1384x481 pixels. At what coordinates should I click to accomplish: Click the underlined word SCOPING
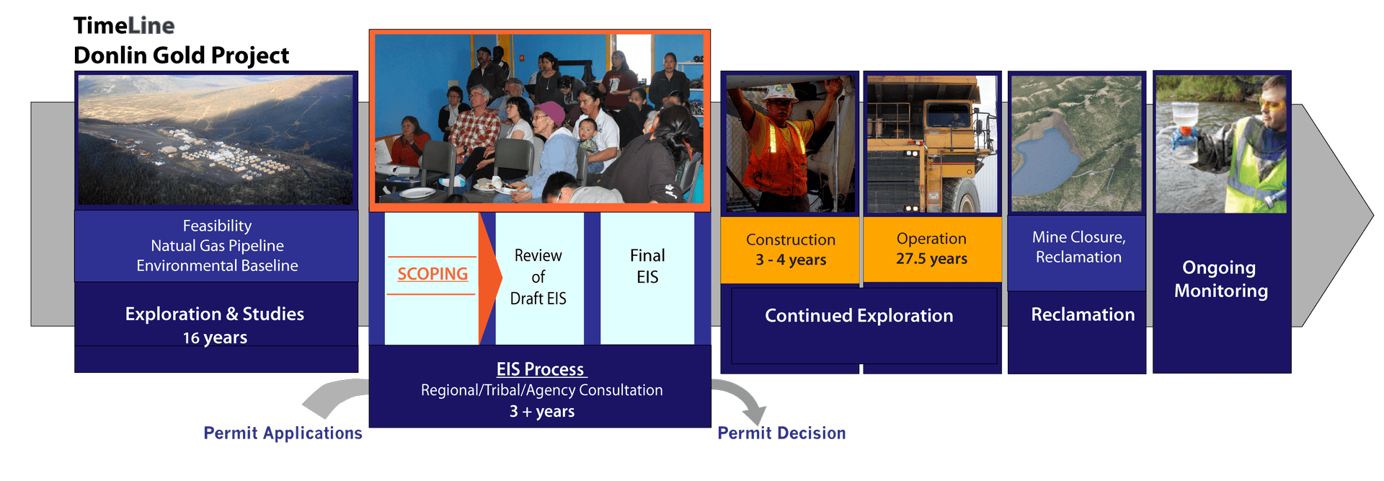click(x=432, y=274)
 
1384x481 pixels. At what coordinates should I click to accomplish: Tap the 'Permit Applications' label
click(x=283, y=433)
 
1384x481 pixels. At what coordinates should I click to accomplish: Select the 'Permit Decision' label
click(x=781, y=433)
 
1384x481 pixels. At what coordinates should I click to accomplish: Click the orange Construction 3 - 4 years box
click(x=790, y=250)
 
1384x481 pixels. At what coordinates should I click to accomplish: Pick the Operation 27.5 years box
click(x=932, y=249)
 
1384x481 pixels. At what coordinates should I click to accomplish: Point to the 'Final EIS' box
click(x=647, y=278)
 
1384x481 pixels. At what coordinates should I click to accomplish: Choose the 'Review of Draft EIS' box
click(x=539, y=278)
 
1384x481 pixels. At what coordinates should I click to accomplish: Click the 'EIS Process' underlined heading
click(x=541, y=369)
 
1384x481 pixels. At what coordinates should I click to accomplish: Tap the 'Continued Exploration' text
click(x=859, y=315)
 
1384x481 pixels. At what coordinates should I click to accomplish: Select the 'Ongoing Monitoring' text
click(x=1220, y=279)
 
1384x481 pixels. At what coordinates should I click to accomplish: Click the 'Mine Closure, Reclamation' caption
click(x=1078, y=247)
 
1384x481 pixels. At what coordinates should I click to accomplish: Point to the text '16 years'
click(x=215, y=337)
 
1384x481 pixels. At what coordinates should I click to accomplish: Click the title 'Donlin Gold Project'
click(x=181, y=56)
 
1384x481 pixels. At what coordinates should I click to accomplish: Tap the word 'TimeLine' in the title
click(x=124, y=26)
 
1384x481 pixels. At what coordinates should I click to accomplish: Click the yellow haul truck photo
click(x=932, y=144)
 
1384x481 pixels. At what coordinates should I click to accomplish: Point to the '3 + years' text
click(x=542, y=412)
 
